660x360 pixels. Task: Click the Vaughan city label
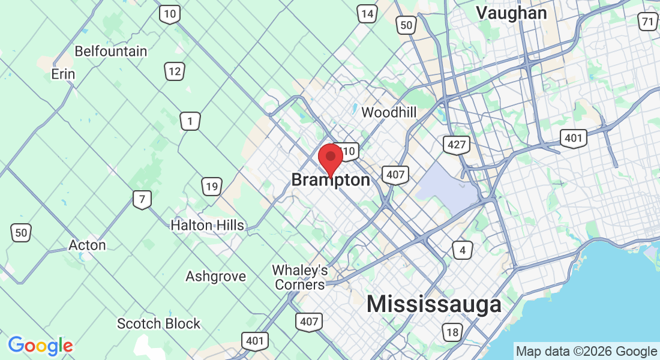click(x=511, y=13)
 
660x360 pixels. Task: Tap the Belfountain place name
click(x=111, y=51)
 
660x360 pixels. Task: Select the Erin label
click(x=63, y=74)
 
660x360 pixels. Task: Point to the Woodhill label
click(x=389, y=112)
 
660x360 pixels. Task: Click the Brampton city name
click(x=331, y=180)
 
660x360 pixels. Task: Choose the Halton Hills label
click(x=207, y=226)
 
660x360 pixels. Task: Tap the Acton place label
click(x=87, y=245)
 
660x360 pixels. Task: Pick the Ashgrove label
click(x=215, y=277)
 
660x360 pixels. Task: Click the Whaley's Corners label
click(x=300, y=277)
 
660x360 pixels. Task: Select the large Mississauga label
click(x=434, y=304)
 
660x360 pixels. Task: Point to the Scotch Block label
click(x=158, y=324)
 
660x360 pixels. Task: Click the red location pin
click(x=330, y=158)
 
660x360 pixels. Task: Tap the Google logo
click(x=41, y=346)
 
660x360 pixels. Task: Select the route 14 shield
click(x=367, y=13)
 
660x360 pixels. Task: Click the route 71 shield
click(x=647, y=23)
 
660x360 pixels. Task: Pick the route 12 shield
click(x=175, y=72)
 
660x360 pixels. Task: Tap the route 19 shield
click(x=211, y=187)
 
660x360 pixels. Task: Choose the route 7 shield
click(x=142, y=199)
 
